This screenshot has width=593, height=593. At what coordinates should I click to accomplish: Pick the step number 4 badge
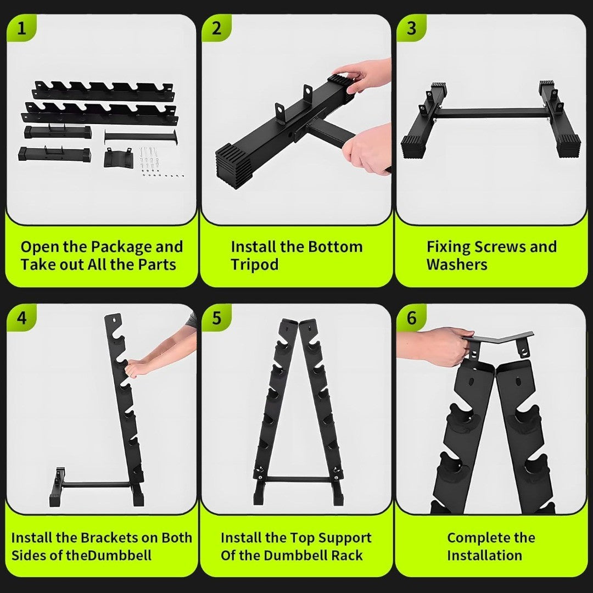coord(21,318)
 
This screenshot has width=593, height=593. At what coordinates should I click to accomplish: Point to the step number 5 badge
coord(216,318)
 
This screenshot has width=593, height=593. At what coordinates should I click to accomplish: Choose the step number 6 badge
coord(411,318)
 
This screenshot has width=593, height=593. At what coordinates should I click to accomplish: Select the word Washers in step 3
coord(457,264)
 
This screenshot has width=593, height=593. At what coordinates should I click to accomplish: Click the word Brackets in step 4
coord(109,538)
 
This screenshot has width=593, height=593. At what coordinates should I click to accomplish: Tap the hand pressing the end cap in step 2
coord(362,77)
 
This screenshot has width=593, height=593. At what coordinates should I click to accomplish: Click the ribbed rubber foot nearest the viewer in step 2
coord(234,166)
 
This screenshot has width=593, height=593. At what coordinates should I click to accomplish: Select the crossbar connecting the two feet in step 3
coord(490,113)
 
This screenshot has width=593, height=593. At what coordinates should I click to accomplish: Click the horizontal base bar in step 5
coord(298,479)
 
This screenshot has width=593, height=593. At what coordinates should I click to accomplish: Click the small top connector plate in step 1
coord(118,158)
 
